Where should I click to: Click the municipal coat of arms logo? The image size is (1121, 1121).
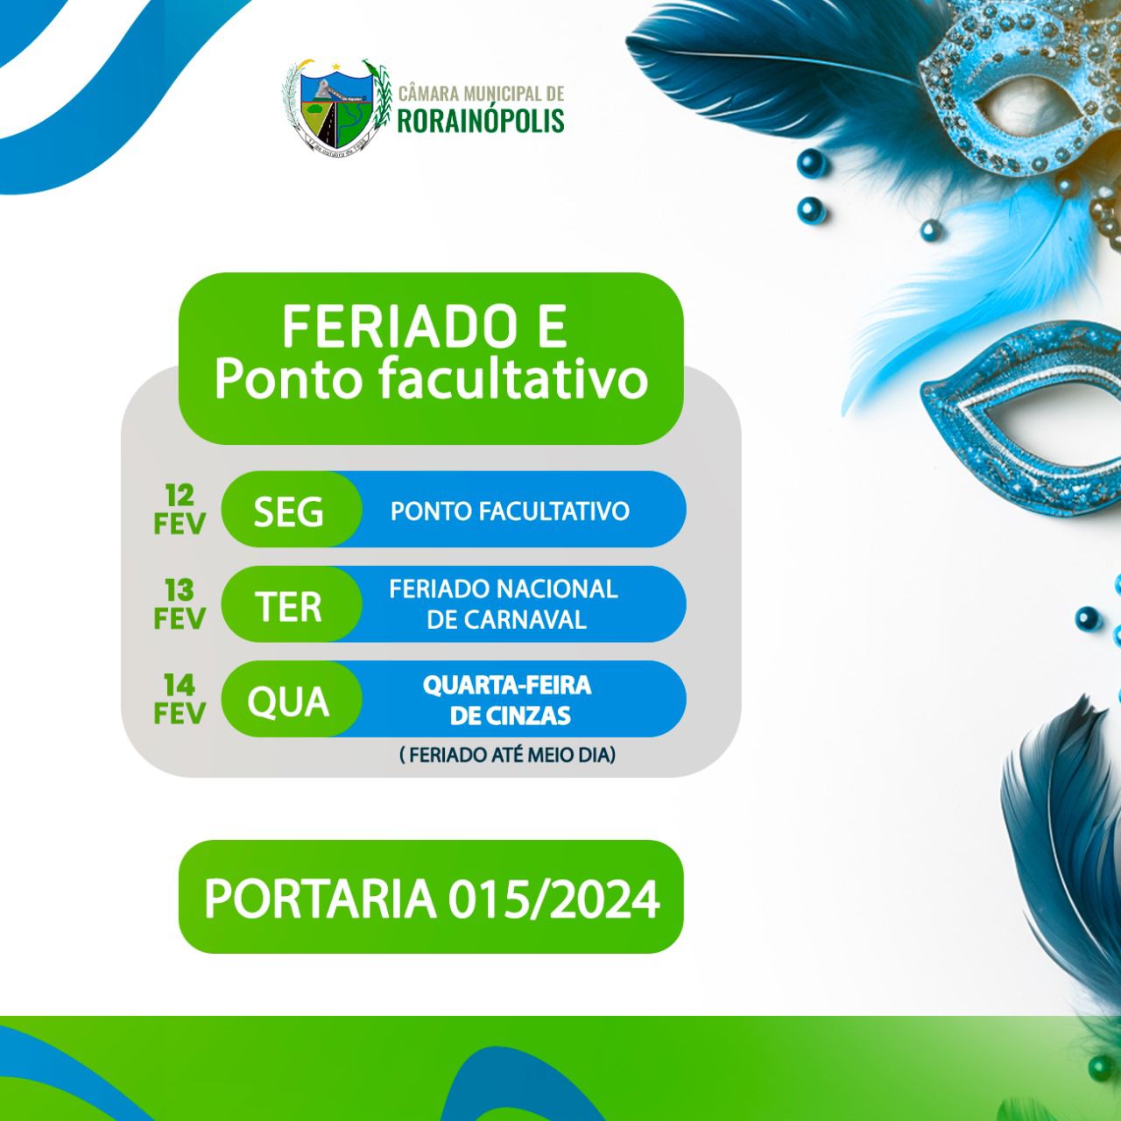(336, 105)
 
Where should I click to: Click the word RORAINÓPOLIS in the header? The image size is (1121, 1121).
(481, 120)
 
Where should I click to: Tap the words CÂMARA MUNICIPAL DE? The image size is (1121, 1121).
(481, 93)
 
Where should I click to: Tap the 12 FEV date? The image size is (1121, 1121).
(180, 510)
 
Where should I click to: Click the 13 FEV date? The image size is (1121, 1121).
(180, 604)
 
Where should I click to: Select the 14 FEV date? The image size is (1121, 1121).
(180, 699)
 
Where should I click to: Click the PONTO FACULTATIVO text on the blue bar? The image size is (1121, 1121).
(510, 511)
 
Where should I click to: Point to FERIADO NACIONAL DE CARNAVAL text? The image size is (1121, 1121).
(504, 604)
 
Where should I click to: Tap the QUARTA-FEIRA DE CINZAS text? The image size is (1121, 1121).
(508, 700)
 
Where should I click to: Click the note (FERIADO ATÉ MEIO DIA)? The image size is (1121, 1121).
(507, 755)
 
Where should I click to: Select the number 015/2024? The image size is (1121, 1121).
(553, 899)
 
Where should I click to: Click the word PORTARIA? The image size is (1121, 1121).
(320, 899)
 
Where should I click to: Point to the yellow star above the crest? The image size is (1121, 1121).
(336, 67)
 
